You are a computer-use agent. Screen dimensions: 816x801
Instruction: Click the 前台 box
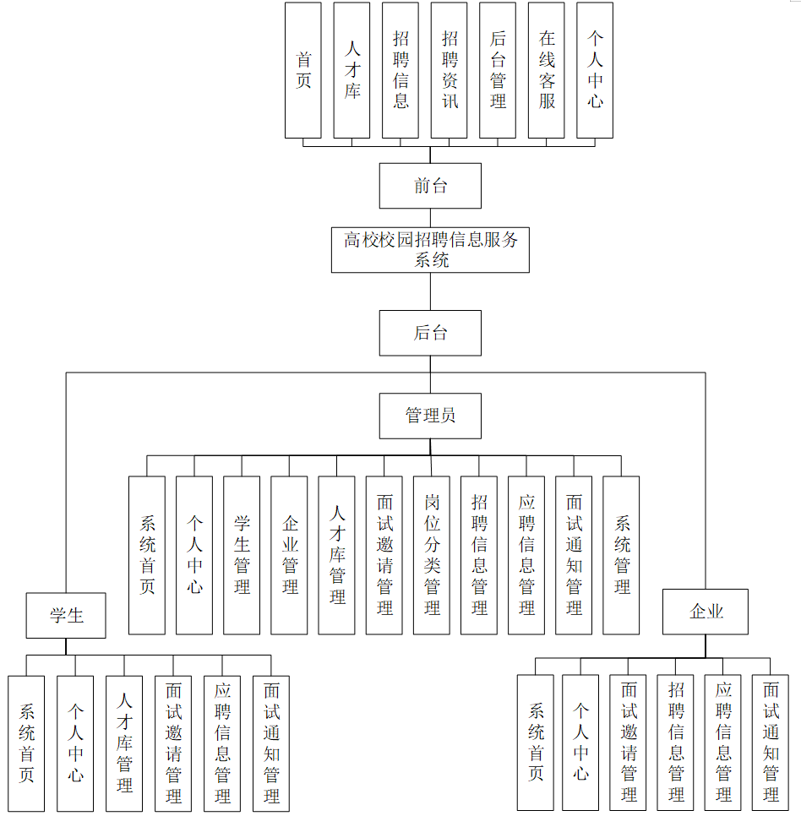tap(430, 186)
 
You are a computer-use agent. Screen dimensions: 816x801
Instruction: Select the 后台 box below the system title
tap(430, 333)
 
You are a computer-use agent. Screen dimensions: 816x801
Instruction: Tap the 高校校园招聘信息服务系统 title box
tap(430, 249)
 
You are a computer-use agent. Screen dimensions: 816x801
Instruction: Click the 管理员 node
tap(430, 416)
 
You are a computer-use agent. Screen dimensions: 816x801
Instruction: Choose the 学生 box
tap(66, 615)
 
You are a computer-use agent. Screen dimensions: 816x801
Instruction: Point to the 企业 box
tap(706, 612)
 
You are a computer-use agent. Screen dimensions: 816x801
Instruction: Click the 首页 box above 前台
tap(303, 70)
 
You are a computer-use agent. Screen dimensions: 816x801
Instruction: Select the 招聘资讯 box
tap(450, 70)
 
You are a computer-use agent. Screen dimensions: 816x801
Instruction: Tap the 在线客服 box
tap(547, 70)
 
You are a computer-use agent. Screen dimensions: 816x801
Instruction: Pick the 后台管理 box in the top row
tap(498, 70)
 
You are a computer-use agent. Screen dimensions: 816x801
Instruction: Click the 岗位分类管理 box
tap(431, 555)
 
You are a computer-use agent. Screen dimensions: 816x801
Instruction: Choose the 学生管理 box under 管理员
tap(242, 555)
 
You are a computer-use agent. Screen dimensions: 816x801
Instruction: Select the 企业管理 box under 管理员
tap(289, 555)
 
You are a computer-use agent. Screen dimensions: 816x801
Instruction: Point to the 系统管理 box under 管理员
tap(621, 555)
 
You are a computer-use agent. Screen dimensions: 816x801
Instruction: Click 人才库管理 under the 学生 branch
tap(124, 743)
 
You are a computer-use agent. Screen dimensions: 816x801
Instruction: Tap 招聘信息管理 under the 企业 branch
tap(675, 743)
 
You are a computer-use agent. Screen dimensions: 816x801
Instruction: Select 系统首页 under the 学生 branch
tap(26, 743)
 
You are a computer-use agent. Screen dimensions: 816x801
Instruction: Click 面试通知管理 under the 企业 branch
tap(770, 743)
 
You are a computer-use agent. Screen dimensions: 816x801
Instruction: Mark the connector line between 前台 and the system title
tap(430, 217)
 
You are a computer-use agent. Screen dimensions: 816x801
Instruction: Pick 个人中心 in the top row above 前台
tap(595, 70)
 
